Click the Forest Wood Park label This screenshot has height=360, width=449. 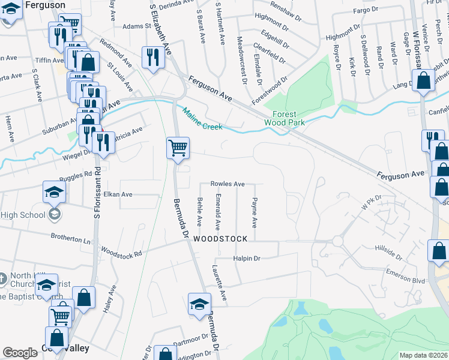[x=285, y=118]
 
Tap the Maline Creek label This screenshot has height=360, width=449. [x=203, y=119]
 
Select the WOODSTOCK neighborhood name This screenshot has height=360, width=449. [x=220, y=239]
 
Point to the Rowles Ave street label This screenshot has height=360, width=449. [x=227, y=184]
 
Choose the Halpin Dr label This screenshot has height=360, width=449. [x=246, y=259]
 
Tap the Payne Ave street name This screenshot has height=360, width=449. [x=255, y=213]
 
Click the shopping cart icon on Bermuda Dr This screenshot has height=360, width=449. [x=178, y=148]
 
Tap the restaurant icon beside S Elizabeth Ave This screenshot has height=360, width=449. [x=152, y=57]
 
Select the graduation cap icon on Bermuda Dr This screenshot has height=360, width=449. [x=199, y=304]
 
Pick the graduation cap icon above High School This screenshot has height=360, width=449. [x=54, y=192]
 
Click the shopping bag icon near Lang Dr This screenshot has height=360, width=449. [x=423, y=80]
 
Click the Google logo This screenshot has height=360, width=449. [x=20, y=353]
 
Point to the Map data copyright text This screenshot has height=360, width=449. [x=424, y=355]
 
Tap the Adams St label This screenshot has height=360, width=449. [x=136, y=26]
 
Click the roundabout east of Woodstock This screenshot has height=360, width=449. [x=337, y=241]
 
